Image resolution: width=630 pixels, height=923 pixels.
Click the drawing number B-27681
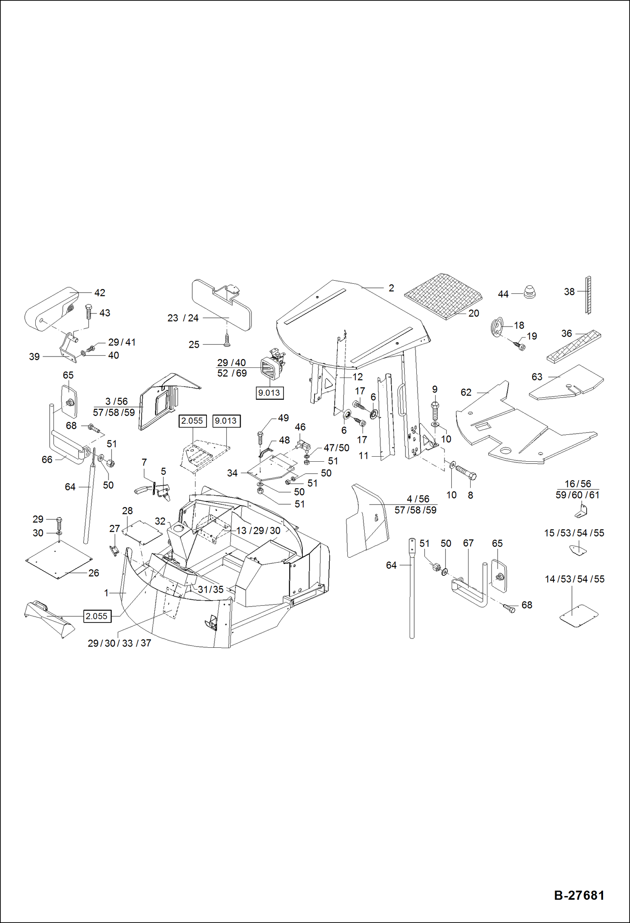pyautogui.click(x=579, y=895)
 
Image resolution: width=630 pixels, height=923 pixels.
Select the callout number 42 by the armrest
pyautogui.click(x=100, y=293)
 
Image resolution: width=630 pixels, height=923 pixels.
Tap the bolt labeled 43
pyautogui.click(x=89, y=312)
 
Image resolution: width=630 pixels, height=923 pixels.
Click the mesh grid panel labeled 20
pyautogui.click(x=444, y=296)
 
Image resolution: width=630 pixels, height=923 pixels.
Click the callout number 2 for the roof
pyautogui.click(x=391, y=288)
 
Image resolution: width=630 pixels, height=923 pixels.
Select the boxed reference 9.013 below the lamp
pyautogui.click(x=269, y=393)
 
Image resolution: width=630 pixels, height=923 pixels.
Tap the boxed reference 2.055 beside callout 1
pyautogui.click(x=97, y=616)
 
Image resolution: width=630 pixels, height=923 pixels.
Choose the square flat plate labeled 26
pyautogui.click(x=59, y=559)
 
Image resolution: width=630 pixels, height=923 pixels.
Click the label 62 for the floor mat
pyautogui.click(x=466, y=392)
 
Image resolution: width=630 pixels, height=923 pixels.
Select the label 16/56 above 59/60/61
pyautogui.click(x=577, y=484)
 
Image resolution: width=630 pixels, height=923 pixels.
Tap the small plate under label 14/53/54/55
pyautogui.click(x=579, y=616)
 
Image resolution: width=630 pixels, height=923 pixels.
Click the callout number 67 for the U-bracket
pyautogui.click(x=468, y=543)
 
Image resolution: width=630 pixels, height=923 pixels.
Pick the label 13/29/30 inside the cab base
pyautogui.click(x=258, y=531)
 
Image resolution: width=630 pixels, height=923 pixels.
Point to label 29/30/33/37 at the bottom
pyautogui.click(x=119, y=643)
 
